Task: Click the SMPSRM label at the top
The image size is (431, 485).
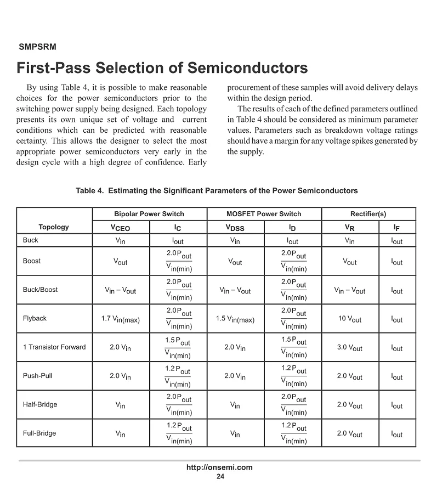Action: click(x=37, y=47)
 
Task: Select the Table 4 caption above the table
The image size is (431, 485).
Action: click(x=217, y=191)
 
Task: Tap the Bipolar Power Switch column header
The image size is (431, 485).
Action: click(x=149, y=214)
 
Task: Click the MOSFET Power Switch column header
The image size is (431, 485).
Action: click(x=264, y=214)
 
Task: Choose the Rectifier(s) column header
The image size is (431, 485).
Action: click(x=368, y=214)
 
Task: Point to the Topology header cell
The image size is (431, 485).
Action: click(x=54, y=227)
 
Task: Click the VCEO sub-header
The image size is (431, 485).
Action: click(x=121, y=228)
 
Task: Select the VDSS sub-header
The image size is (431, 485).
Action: click(x=235, y=228)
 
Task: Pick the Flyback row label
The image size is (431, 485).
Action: click(x=35, y=318)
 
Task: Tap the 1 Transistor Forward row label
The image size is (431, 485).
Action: click(x=54, y=347)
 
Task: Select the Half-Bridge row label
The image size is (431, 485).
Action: click(x=40, y=404)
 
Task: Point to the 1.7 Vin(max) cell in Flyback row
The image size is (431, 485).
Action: click(x=121, y=319)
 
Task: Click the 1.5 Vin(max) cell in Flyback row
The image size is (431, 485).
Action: click(x=235, y=319)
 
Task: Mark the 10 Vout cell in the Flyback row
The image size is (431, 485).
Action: click(x=349, y=319)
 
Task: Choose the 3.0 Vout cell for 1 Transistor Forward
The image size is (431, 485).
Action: click(x=349, y=348)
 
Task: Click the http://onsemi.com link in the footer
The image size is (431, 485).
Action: click(x=219, y=467)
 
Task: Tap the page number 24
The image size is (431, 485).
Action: click(x=220, y=476)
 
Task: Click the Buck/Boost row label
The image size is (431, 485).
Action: click(x=40, y=290)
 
